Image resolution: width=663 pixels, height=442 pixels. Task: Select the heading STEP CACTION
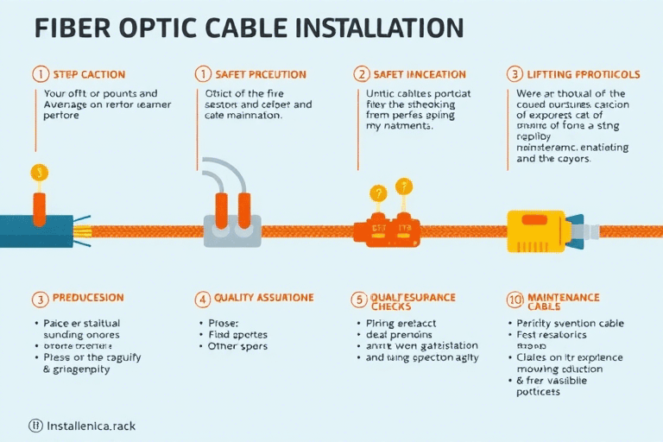coord(89,74)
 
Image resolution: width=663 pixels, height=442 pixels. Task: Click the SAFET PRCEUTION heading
coord(255,74)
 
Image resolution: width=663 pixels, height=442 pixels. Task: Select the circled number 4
coord(203,300)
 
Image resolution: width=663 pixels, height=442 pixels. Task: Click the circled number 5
coord(359,300)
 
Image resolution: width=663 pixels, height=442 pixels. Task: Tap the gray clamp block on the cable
coord(231,232)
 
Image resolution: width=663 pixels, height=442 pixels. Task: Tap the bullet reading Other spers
coord(238,346)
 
